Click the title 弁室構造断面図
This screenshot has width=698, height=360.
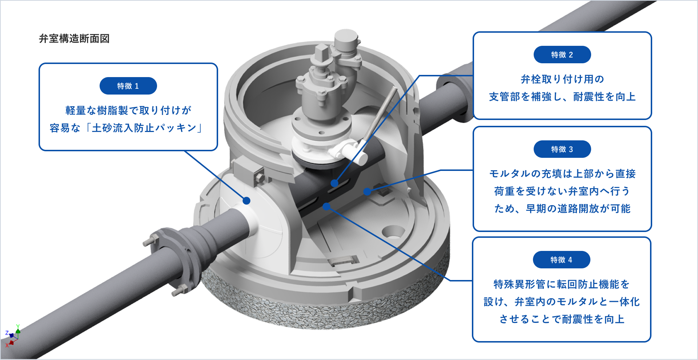pos(74,39)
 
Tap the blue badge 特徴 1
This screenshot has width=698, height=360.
pos(128,86)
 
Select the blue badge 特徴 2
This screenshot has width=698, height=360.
pos(562,55)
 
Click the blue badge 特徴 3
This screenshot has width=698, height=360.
pos(562,149)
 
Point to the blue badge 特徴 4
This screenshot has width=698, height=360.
pos(562,260)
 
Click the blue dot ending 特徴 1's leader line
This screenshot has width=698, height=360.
pos(246,201)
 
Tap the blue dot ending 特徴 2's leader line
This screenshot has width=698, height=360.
pos(334,183)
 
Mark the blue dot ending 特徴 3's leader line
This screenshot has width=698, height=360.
pos(367,191)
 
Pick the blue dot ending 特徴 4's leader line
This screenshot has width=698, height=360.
pos(326,207)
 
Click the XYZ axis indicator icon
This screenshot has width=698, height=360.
pos(13,335)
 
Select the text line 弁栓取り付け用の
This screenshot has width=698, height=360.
pos(562,79)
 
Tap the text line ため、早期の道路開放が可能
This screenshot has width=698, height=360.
pos(562,208)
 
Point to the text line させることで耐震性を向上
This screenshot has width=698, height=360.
pos(562,319)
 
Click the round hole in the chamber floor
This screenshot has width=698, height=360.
pos(393,231)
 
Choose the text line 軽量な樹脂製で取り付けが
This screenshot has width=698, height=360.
pos(128,110)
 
